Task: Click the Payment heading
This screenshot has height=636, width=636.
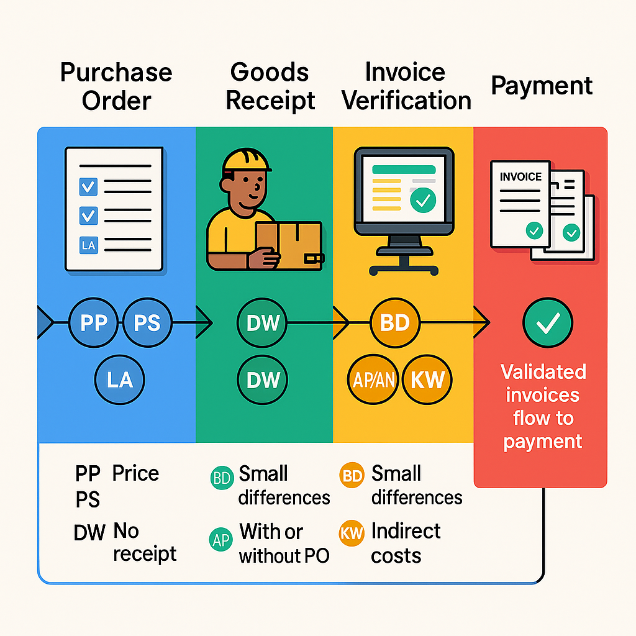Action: [x=542, y=86]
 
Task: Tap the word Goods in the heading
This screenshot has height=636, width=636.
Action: [x=269, y=73]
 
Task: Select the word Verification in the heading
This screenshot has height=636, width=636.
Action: [x=406, y=101]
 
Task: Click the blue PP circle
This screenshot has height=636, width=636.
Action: [x=93, y=323]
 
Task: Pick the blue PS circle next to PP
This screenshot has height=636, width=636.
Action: [x=147, y=323]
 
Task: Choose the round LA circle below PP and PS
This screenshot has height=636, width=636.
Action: [x=119, y=379]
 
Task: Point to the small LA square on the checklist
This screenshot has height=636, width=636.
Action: [x=89, y=245]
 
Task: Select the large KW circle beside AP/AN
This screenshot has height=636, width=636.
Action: [x=427, y=379]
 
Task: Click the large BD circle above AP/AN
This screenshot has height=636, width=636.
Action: [x=395, y=323]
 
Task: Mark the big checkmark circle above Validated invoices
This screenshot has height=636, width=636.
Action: [x=547, y=322]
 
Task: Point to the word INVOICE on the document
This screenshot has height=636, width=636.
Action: [x=520, y=177]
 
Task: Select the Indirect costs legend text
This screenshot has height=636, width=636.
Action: [x=405, y=543]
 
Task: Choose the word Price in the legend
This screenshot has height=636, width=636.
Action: [x=135, y=474]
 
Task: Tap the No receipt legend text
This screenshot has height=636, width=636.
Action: [x=144, y=542]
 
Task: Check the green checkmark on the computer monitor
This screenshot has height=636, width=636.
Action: [x=424, y=199]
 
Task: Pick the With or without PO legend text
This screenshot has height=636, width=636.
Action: [x=283, y=543]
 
